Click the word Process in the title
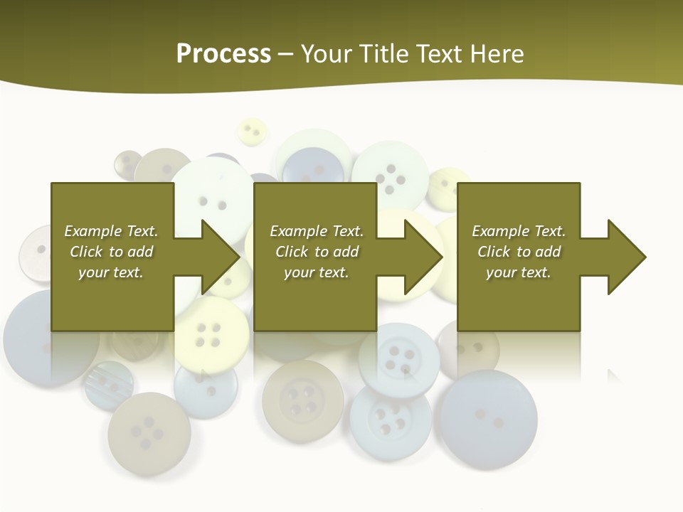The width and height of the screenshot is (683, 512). click(223, 54)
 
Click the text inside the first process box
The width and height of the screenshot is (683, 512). click(112, 252)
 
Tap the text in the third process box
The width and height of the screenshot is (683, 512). click(519, 252)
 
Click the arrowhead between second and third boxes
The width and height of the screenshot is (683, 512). click(423, 257)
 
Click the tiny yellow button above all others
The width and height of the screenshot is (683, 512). click(250, 132)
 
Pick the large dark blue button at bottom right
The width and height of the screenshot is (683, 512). click(487, 419)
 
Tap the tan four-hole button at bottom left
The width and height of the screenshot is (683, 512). click(149, 433)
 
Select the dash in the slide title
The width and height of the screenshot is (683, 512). click(286, 54)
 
